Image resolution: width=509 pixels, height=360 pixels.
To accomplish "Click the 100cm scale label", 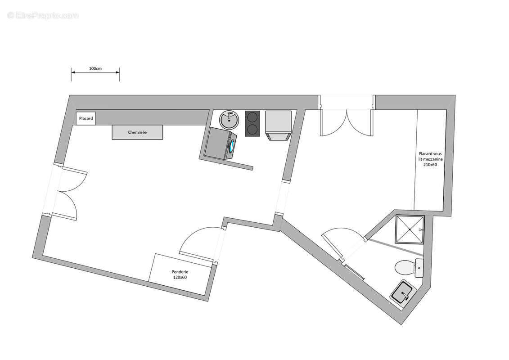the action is coord(95,68).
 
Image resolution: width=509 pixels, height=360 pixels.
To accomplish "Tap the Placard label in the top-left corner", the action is coord(86,118).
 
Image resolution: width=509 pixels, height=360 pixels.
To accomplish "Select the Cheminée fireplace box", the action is coord(137,132).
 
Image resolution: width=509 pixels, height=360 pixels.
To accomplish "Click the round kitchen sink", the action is coord(229,120).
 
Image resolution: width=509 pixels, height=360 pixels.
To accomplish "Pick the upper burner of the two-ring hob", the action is coord(252,117).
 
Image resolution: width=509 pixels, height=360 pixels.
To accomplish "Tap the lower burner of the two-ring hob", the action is coord(252,130).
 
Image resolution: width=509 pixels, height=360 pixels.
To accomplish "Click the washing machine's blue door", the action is coord(232,146).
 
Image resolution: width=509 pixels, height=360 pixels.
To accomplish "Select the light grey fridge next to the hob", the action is coord(278,126).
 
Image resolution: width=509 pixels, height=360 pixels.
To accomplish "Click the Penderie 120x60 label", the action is coord(180,274).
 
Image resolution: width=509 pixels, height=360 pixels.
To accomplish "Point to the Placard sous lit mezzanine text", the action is coord(430,159).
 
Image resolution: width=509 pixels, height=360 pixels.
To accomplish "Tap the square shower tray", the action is coord(410,229).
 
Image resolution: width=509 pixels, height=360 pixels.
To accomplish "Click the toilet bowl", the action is coord(405,268).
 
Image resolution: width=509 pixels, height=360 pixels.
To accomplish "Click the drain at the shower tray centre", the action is coord(410,229).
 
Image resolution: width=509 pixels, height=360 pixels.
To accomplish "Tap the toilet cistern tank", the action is coord(419,268).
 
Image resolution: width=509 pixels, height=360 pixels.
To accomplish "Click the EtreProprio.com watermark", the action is coord(43,15).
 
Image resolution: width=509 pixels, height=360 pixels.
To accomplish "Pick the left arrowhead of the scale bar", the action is coord(73,72).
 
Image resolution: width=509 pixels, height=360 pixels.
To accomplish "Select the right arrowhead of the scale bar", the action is coord(117,72).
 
